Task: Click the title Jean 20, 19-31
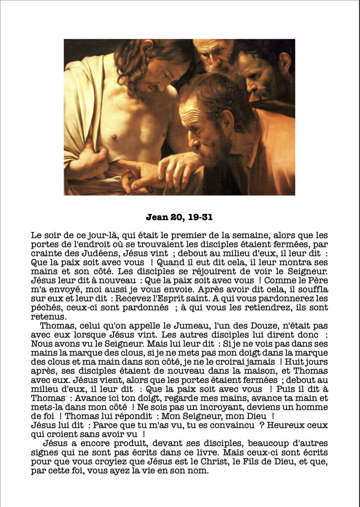(179, 217)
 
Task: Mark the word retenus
(48, 317)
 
